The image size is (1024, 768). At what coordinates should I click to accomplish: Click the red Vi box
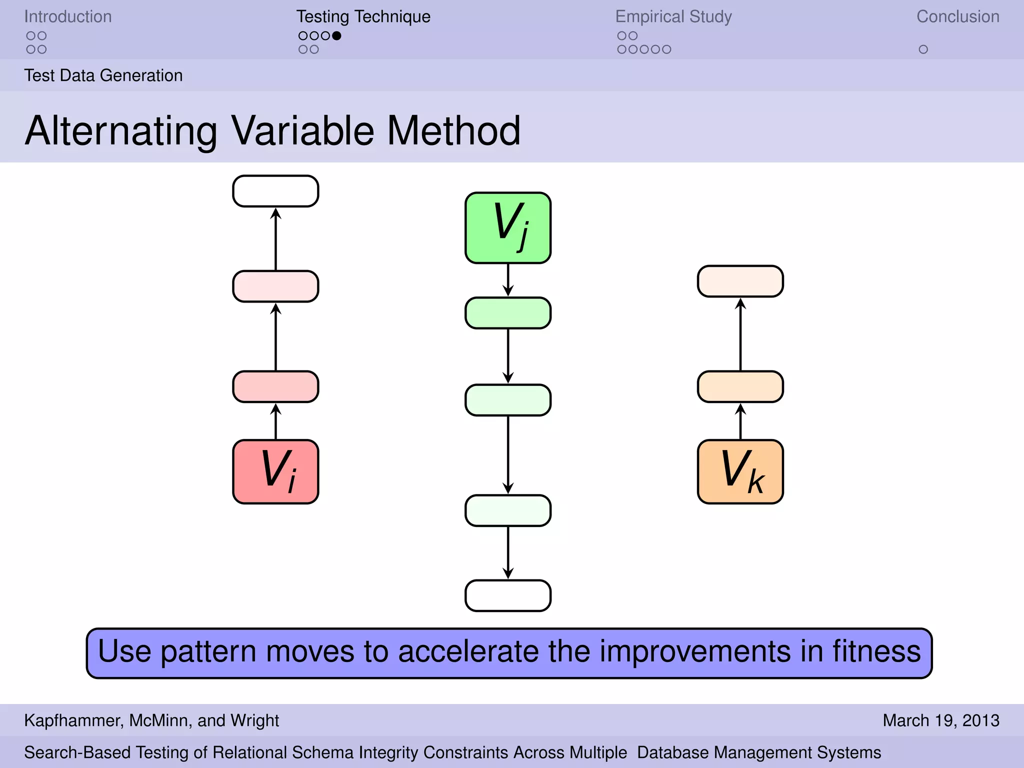(275, 471)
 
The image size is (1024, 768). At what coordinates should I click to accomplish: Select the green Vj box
(508, 228)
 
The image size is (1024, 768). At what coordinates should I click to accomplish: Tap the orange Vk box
(740, 471)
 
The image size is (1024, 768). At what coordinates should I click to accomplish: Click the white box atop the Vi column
(275, 191)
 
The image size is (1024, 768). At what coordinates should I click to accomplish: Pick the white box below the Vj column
(508, 595)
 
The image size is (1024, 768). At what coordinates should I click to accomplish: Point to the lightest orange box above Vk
(740, 281)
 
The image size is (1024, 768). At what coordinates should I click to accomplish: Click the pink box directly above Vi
(275, 386)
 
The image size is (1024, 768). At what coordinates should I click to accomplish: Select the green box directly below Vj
(508, 313)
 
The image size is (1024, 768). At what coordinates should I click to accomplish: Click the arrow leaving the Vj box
(508, 280)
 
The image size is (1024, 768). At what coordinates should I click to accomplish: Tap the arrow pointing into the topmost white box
(275, 239)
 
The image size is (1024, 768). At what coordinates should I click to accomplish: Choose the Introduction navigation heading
(68, 16)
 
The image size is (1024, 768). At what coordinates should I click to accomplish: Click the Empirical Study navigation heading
(673, 16)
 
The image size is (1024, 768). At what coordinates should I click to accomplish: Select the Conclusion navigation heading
(957, 16)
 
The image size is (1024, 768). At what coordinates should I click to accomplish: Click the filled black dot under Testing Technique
(336, 35)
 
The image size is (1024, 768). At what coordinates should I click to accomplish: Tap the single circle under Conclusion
(923, 49)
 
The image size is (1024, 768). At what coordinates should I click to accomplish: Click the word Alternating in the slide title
(121, 131)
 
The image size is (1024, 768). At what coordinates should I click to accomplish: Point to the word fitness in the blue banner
(876, 651)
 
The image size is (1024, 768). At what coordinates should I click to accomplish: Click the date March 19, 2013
(940, 720)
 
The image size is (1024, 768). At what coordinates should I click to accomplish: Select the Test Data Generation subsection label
(103, 75)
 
